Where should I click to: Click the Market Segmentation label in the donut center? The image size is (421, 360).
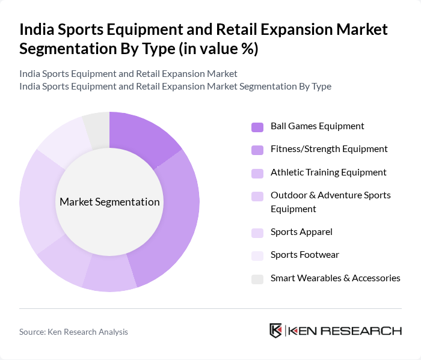(109, 202)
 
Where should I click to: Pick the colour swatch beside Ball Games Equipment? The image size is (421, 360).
(257, 127)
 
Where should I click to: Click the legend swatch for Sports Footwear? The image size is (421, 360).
(257, 255)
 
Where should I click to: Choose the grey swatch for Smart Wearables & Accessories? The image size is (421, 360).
(257, 279)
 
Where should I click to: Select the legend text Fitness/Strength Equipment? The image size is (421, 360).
(329, 149)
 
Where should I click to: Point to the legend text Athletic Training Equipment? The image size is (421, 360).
(328, 172)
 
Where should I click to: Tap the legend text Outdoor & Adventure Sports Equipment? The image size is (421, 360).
(330, 202)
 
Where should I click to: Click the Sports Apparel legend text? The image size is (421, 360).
(301, 232)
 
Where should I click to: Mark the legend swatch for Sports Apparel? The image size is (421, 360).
(257, 233)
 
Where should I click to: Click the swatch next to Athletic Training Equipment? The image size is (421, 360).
(257, 173)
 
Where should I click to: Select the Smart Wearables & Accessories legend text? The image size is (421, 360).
(335, 278)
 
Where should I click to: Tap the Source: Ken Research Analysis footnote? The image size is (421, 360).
(73, 332)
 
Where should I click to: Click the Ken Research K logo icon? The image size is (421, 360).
(276, 331)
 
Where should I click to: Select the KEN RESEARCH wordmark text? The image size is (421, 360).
(345, 331)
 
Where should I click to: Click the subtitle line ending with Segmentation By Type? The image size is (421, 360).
(175, 87)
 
